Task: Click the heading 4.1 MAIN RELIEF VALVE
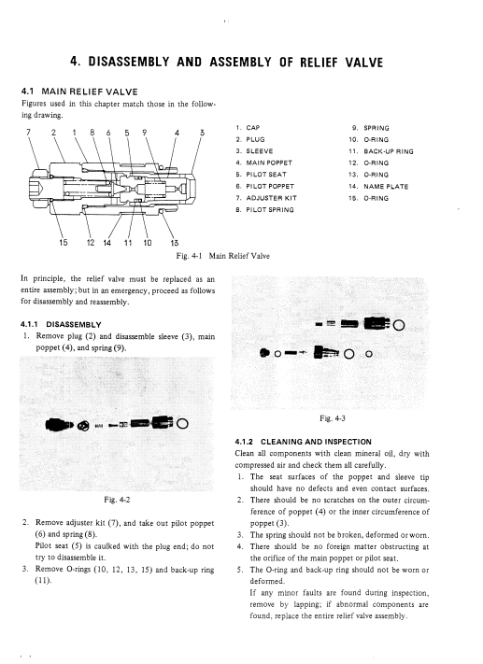pos(79,92)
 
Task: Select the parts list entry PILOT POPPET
pos(270,187)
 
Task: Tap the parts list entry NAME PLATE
pos(386,187)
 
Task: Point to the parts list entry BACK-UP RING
pos(389,151)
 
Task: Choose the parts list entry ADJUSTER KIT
pos(272,198)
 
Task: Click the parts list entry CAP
pos(253,128)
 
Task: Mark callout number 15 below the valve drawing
pos(64,243)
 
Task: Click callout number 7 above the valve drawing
pos(28,132)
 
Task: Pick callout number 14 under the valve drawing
pos(107,243)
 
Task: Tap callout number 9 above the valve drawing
pos(145,132)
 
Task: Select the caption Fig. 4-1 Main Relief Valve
pos(223,256)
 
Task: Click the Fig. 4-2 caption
pos(117,501)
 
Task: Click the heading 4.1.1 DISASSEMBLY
pos(61,325)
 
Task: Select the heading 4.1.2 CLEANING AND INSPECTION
pos(304,442)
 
